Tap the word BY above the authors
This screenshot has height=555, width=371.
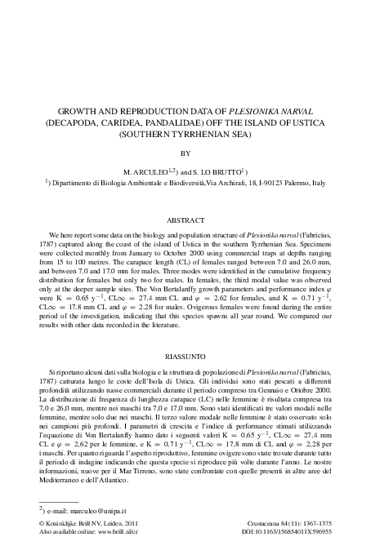click(185, 151)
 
